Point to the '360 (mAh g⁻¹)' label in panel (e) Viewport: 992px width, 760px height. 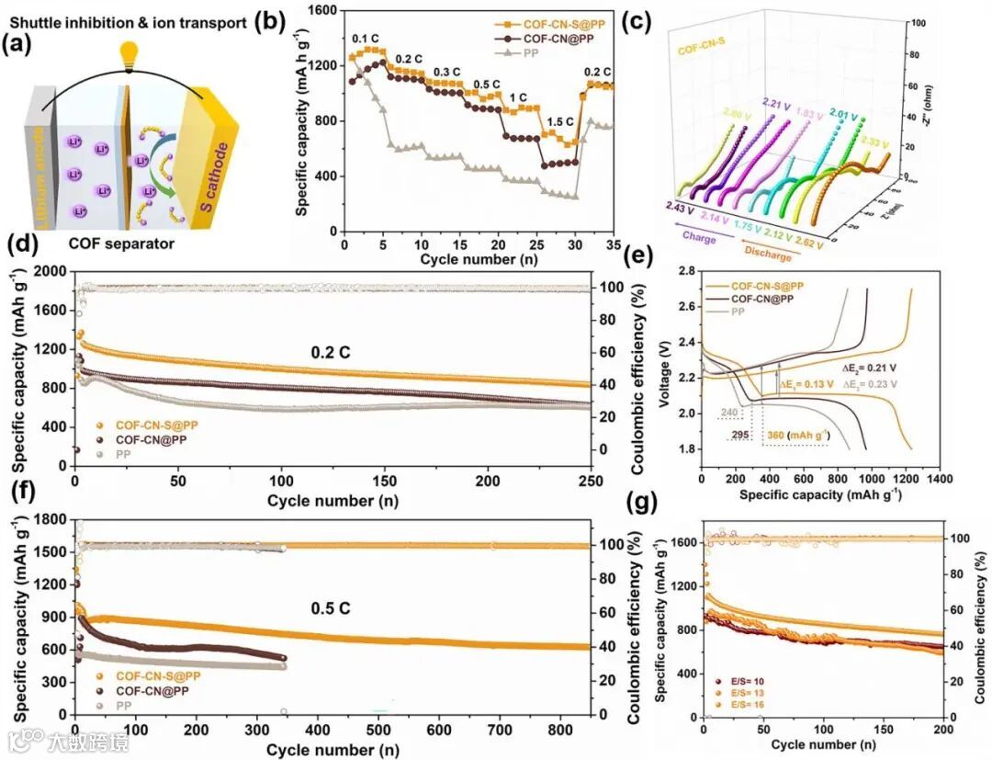point(800,436)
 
